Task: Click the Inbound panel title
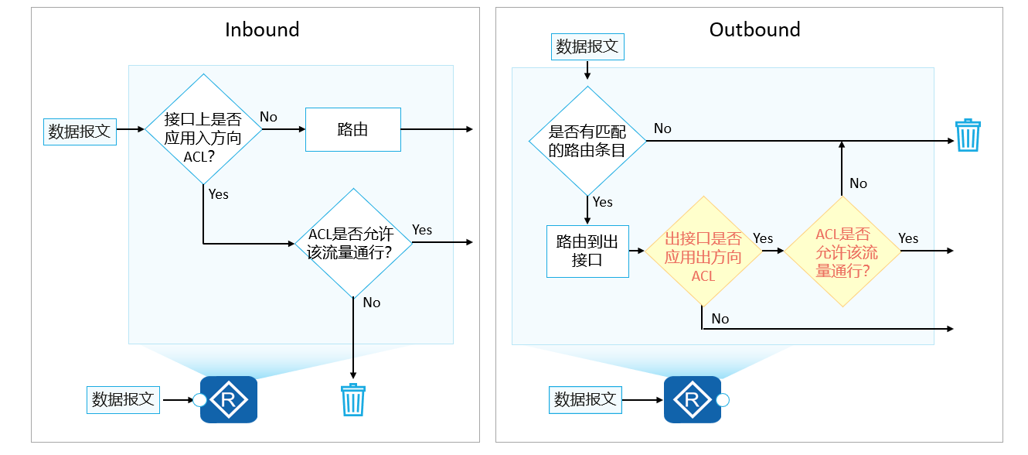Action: coord(262,29)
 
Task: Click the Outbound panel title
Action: coord(754,29)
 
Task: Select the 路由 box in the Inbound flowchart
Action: coord(352,129)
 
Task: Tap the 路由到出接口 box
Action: coord(587,251)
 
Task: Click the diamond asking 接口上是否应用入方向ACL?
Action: coord(203,129)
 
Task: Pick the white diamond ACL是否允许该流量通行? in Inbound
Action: coord(353,243)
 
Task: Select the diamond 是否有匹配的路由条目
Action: coord(587,141)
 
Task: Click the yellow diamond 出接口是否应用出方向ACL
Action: coord(703,251)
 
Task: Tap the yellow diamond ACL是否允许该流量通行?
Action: coord(842,251)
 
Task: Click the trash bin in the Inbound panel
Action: coord(353,400)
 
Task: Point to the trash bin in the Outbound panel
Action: coord(968,135)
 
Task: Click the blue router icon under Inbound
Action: coord(228,400)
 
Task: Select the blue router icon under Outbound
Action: coord(692,400)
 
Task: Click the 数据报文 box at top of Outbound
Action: coord(587,46)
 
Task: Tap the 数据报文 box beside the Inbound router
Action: coord(123,400)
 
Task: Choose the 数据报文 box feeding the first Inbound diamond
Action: coord(80,131)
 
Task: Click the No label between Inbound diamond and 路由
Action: coord(268,117)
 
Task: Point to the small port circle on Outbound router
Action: coord(723,400)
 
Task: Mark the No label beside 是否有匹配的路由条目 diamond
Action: coord(662,128)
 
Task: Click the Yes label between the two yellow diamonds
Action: coord(763,238)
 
